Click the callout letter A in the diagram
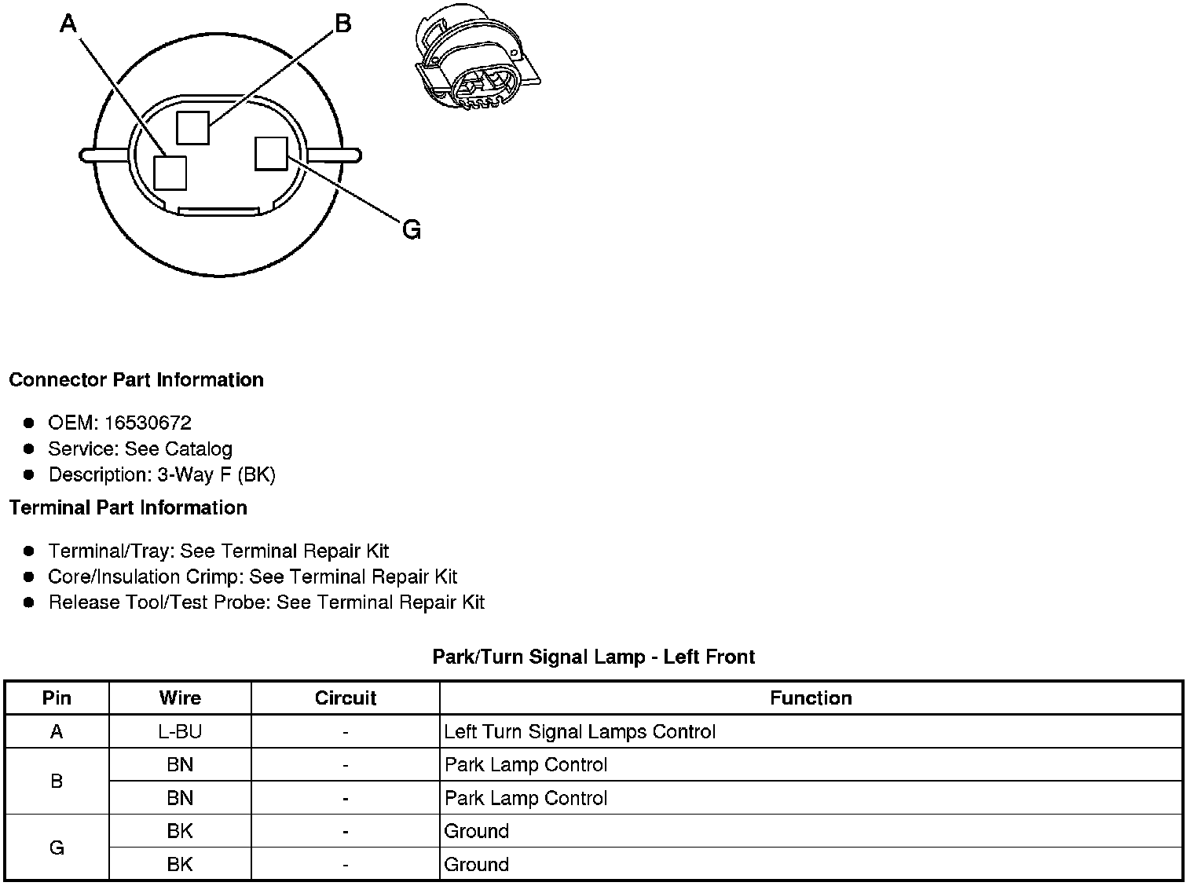click(68, 25)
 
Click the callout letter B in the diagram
click(342, 24)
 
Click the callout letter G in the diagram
click(411, 230)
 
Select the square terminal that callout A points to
click(170, 173)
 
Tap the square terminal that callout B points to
click(192, 128)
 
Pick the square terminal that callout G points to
click(271, 153)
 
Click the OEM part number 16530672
click(148, 423)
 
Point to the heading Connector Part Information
click(136, 380)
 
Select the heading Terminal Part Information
click(128, 508)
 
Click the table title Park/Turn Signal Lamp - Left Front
click(593, 657)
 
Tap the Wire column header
click(180, 698)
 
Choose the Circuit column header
click(346, 698)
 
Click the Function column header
click(811, 698)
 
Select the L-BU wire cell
click(180, 732)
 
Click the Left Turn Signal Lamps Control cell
click(580, 732)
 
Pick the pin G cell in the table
click(57, 848)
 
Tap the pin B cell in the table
click(57, 782)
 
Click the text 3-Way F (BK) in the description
click(216, 475)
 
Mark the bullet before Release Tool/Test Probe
click(29, 602)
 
